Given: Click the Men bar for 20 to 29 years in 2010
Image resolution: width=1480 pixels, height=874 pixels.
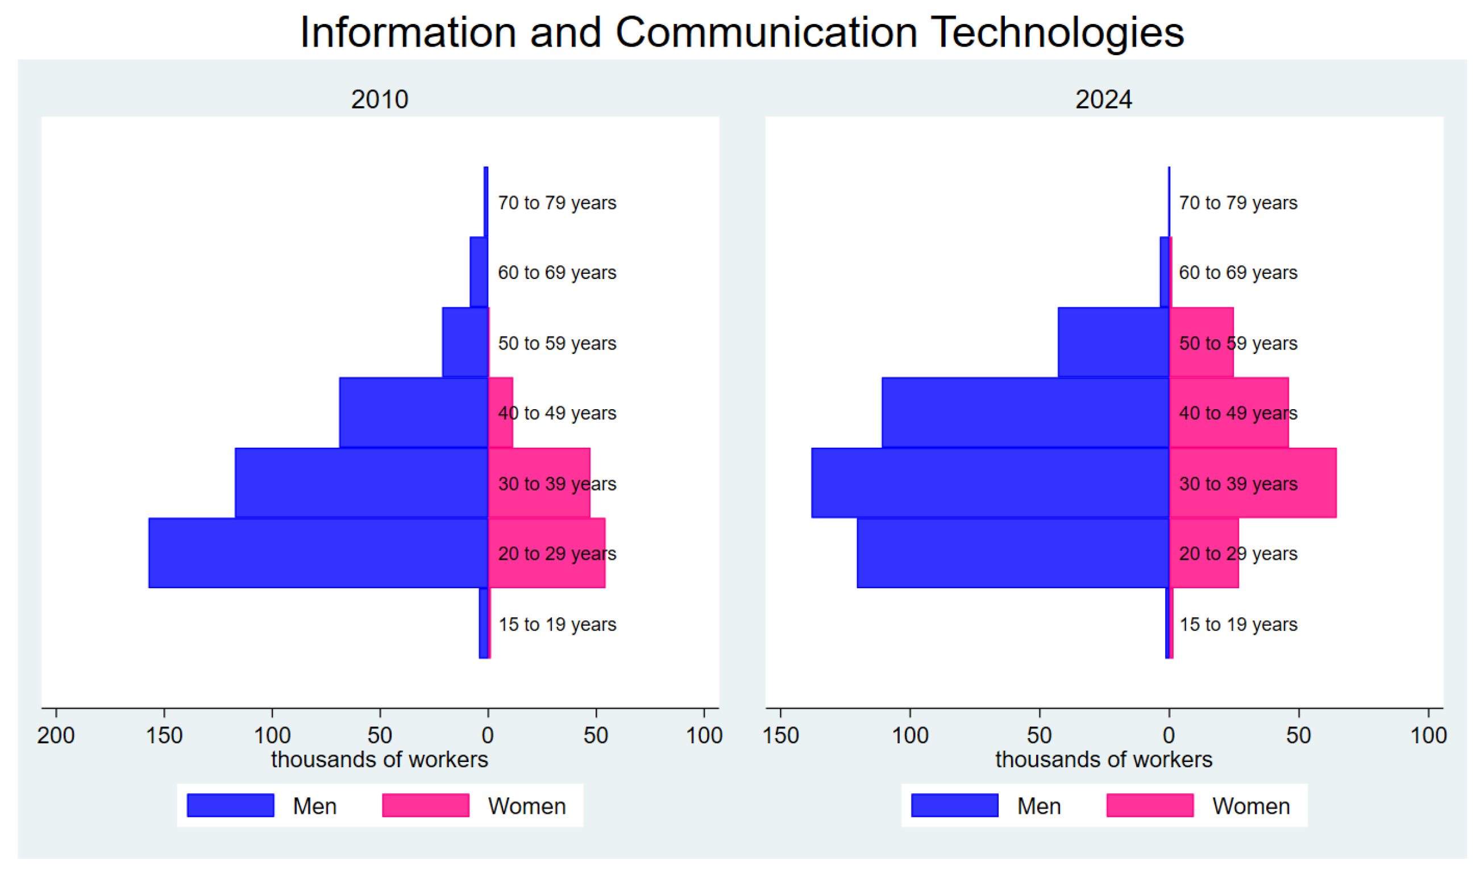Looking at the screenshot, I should point(318,553).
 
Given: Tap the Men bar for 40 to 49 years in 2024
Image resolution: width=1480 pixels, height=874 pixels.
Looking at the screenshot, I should point(1025,412).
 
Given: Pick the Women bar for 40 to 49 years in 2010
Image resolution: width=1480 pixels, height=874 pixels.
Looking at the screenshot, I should point(501,412).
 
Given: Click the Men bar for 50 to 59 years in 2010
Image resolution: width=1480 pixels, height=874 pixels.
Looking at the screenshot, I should point(465,342).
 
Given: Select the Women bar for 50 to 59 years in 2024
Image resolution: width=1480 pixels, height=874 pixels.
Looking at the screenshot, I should point(1201,342).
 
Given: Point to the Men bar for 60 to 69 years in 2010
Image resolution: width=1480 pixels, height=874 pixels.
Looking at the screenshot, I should point(478,272).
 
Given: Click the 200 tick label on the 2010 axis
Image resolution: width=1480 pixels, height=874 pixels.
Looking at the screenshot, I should point(56,735).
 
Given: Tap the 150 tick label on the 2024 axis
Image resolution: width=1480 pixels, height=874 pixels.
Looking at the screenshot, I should point(780,735).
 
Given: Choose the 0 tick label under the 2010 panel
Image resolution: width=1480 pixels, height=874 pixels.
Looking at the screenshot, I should point(488,735).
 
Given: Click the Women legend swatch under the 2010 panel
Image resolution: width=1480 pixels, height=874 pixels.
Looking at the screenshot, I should point(425,806).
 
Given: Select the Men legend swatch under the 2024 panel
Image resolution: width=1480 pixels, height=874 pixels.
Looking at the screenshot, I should point(954,806).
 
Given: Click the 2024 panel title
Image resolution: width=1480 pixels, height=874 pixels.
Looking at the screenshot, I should point(1103,99).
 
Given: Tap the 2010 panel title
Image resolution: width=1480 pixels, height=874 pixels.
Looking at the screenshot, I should point(379,99).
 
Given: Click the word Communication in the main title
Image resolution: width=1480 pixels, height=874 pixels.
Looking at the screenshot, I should point(766,32).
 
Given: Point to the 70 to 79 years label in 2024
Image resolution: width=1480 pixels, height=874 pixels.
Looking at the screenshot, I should point(1237,203).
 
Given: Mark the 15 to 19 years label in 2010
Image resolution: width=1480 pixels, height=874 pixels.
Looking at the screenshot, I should point(557,625).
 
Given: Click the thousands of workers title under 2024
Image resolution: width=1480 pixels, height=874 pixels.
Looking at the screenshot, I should point(1103,760).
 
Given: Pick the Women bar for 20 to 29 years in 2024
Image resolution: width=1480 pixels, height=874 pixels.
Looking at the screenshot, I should point(1203,553).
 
